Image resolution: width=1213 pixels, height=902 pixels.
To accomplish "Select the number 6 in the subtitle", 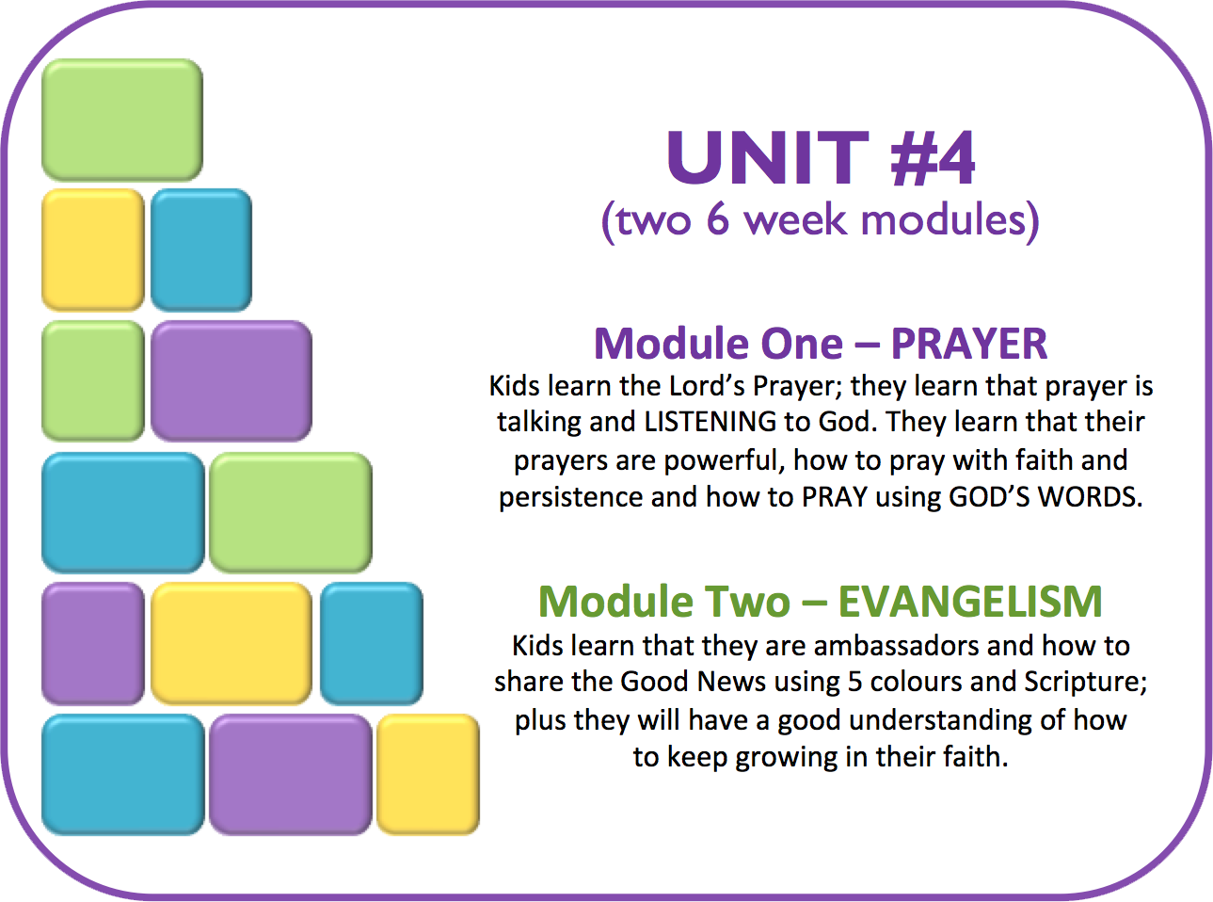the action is pyautogui.click(x=718, y=219).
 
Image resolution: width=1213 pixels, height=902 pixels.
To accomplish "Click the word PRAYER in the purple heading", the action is pyautogui.click(x=969, y=344).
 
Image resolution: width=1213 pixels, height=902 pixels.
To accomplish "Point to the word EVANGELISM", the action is pyautogui.click(x=971, y=602).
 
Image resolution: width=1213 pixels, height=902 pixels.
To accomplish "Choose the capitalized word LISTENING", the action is pyautogui.click(x=710, y=422).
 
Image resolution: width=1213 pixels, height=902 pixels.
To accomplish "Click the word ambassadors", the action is pyautogui.click(x=897, y=646).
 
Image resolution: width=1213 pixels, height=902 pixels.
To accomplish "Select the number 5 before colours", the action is pyautogui.click(x=854, y=682).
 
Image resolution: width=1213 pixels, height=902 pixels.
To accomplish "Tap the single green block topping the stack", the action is pyautogui.click(x=122, y=120).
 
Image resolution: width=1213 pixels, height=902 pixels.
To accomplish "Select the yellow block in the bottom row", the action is pyautogui.click(x=427, y=774).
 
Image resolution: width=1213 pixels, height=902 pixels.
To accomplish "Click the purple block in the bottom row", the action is pyautogui.click(x=291, y=774).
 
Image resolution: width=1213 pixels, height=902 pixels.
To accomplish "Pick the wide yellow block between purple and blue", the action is pyautogui.click(x=231, y=643).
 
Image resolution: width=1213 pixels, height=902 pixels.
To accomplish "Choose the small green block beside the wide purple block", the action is pyautogui.click(x=93, y=381).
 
